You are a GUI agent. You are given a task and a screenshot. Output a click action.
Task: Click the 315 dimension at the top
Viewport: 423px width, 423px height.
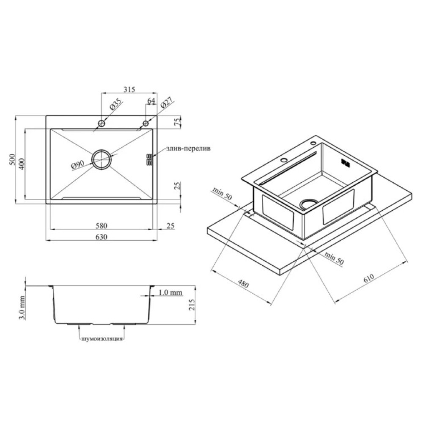point(129,89)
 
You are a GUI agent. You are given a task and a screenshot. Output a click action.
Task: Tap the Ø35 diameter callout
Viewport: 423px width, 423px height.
point(115,104)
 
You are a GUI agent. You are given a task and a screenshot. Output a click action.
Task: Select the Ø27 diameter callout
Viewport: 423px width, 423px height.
point(166,103)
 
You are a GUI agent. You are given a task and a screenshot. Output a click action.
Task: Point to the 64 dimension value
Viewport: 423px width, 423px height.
point(151,100)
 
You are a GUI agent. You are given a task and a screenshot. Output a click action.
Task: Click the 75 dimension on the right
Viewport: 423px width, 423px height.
point(177,122)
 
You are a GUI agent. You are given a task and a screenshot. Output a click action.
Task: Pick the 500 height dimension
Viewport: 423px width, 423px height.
point(12,160)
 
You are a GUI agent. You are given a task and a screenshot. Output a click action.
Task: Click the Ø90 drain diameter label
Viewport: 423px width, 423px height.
point(78,165)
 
